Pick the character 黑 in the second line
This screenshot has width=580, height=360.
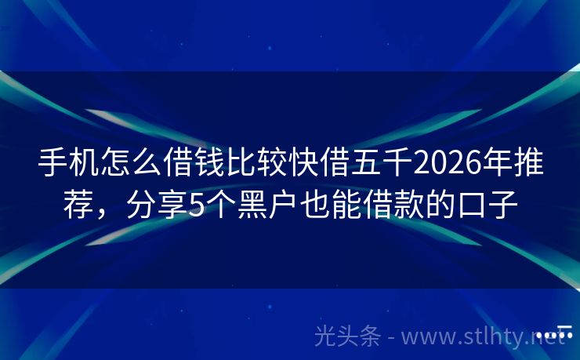tap(251, 205)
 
